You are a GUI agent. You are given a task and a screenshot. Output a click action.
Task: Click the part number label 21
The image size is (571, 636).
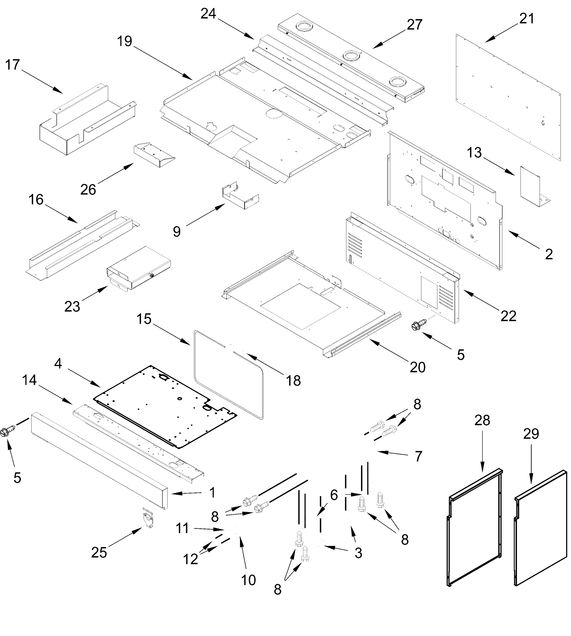click(x=527, y=19)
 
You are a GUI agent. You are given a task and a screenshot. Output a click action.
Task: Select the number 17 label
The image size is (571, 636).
click(x=12, y=65)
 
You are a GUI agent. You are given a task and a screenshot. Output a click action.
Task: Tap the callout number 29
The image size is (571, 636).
click(x=531, y=434)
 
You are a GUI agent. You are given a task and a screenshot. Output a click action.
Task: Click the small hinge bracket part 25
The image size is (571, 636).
click(x=148, y=518)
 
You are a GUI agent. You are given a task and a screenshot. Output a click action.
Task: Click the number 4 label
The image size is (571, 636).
click(x=58, y=364)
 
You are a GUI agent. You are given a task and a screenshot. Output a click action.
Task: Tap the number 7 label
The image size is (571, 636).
click(x=419, y=456)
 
